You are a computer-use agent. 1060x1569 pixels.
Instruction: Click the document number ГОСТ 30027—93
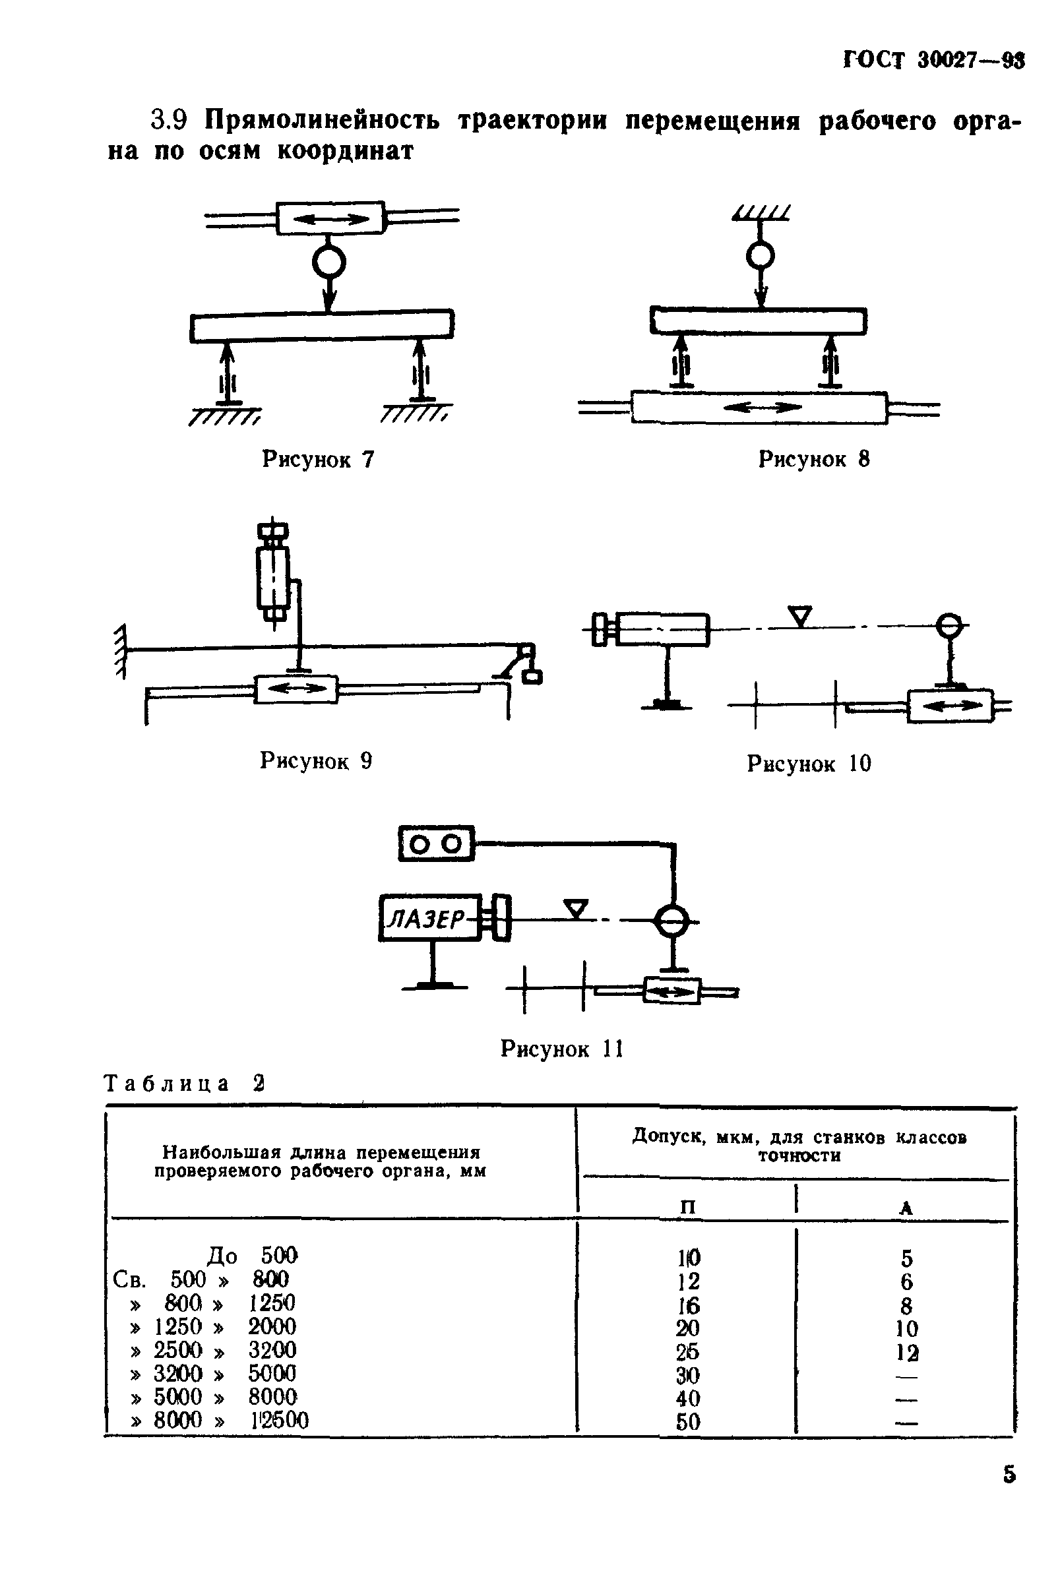934,61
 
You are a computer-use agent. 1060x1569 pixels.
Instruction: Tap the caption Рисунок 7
317,460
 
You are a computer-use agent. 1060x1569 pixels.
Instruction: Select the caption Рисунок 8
813,460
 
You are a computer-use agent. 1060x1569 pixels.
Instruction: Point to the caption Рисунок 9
315,761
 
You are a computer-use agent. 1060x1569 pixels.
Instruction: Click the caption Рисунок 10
808,764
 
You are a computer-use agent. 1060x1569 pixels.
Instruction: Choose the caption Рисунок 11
561,1049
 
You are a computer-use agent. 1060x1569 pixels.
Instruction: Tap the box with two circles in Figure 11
436,844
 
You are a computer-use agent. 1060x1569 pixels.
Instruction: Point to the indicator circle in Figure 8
761,256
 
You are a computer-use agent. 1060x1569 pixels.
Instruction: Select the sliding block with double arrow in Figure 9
296,689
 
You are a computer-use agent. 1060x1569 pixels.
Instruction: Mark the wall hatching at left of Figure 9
121,651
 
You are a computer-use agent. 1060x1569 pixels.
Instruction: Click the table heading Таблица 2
183,1084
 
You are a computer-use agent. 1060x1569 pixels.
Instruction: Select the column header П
687,1206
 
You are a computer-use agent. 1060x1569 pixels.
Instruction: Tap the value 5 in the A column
906,1258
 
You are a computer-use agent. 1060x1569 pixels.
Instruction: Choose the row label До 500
251,1256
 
